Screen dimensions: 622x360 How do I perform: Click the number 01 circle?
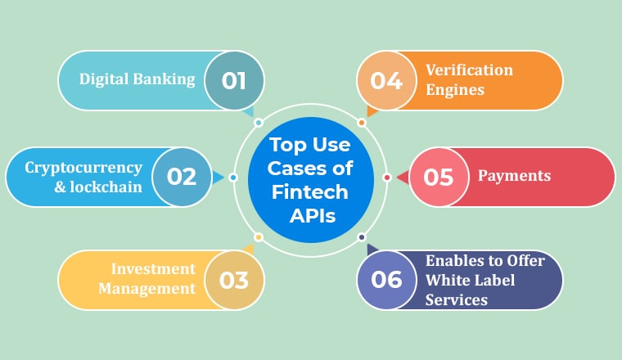[234, 80]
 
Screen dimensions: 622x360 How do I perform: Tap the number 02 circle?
[182, 177]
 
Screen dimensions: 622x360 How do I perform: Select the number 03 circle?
[234, 280]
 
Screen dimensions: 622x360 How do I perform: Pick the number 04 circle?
[387, 80]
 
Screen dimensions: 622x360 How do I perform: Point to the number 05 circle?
[439, 177]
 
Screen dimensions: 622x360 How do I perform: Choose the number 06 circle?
[387, 280]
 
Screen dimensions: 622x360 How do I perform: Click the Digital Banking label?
[137, 79]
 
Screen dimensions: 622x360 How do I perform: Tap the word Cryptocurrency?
[83, 168]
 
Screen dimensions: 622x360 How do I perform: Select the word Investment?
[153, 269]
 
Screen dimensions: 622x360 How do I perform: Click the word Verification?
[469, 70]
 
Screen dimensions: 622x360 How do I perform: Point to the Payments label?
[514, 176]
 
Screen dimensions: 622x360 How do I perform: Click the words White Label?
[470, 281]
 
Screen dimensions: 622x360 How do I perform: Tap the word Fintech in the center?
[310, 192]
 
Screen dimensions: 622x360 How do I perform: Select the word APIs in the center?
[313, 216]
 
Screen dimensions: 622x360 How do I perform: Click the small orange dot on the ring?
[362, 123]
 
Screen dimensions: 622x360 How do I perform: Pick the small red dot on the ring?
[387, 178]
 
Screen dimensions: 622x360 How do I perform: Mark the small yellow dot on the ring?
[259, 237]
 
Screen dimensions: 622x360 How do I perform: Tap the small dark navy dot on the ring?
[362, 237]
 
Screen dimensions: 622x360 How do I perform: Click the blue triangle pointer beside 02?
[218, 178]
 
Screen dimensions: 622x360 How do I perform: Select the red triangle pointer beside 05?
[403, 178]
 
